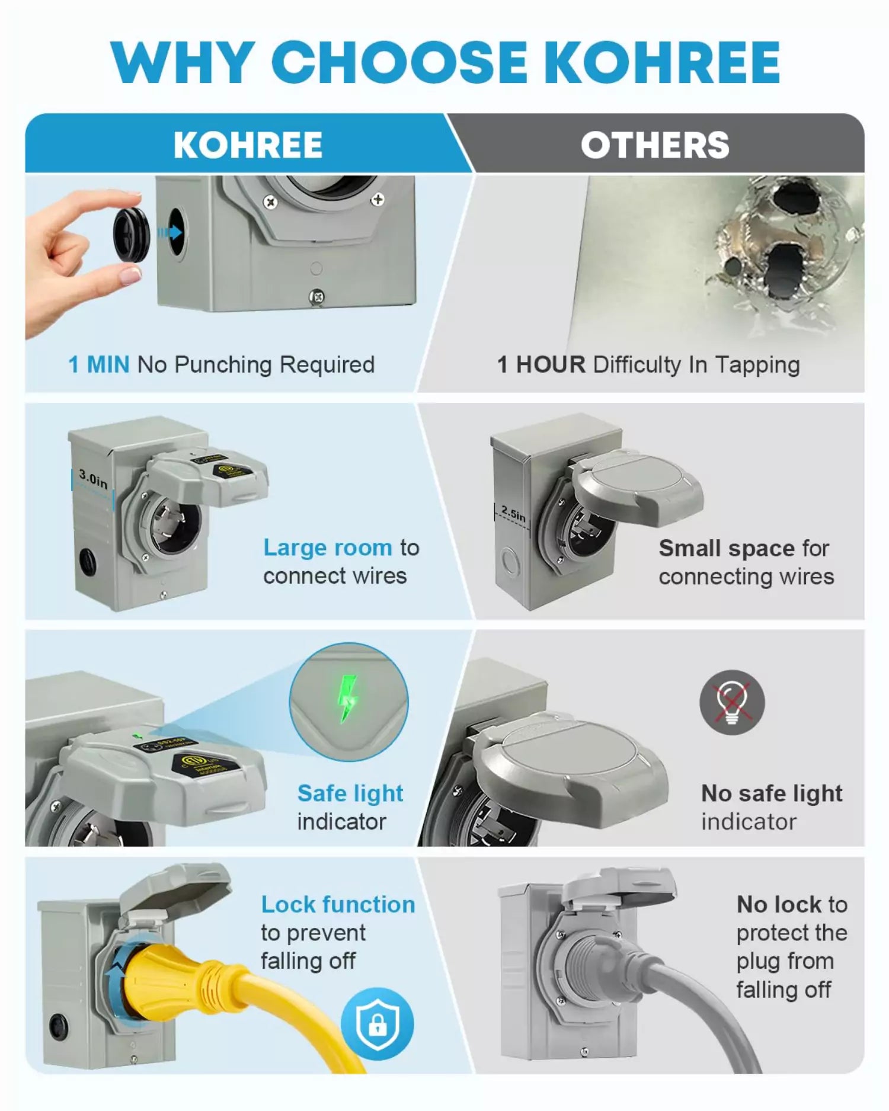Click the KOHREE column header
coord(248,145)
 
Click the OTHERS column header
coord(655,145)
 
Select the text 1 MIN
coord(99,364)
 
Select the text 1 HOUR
coord(541,364)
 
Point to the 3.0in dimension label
coord(94,479)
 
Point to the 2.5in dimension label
coord(513,513)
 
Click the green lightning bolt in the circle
coord(348,699)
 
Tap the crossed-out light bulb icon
coord(732,703)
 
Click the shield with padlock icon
coord(378,1023)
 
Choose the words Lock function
coord(338,905)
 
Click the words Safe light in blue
coord(350,793)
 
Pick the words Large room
coord(328,548)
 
